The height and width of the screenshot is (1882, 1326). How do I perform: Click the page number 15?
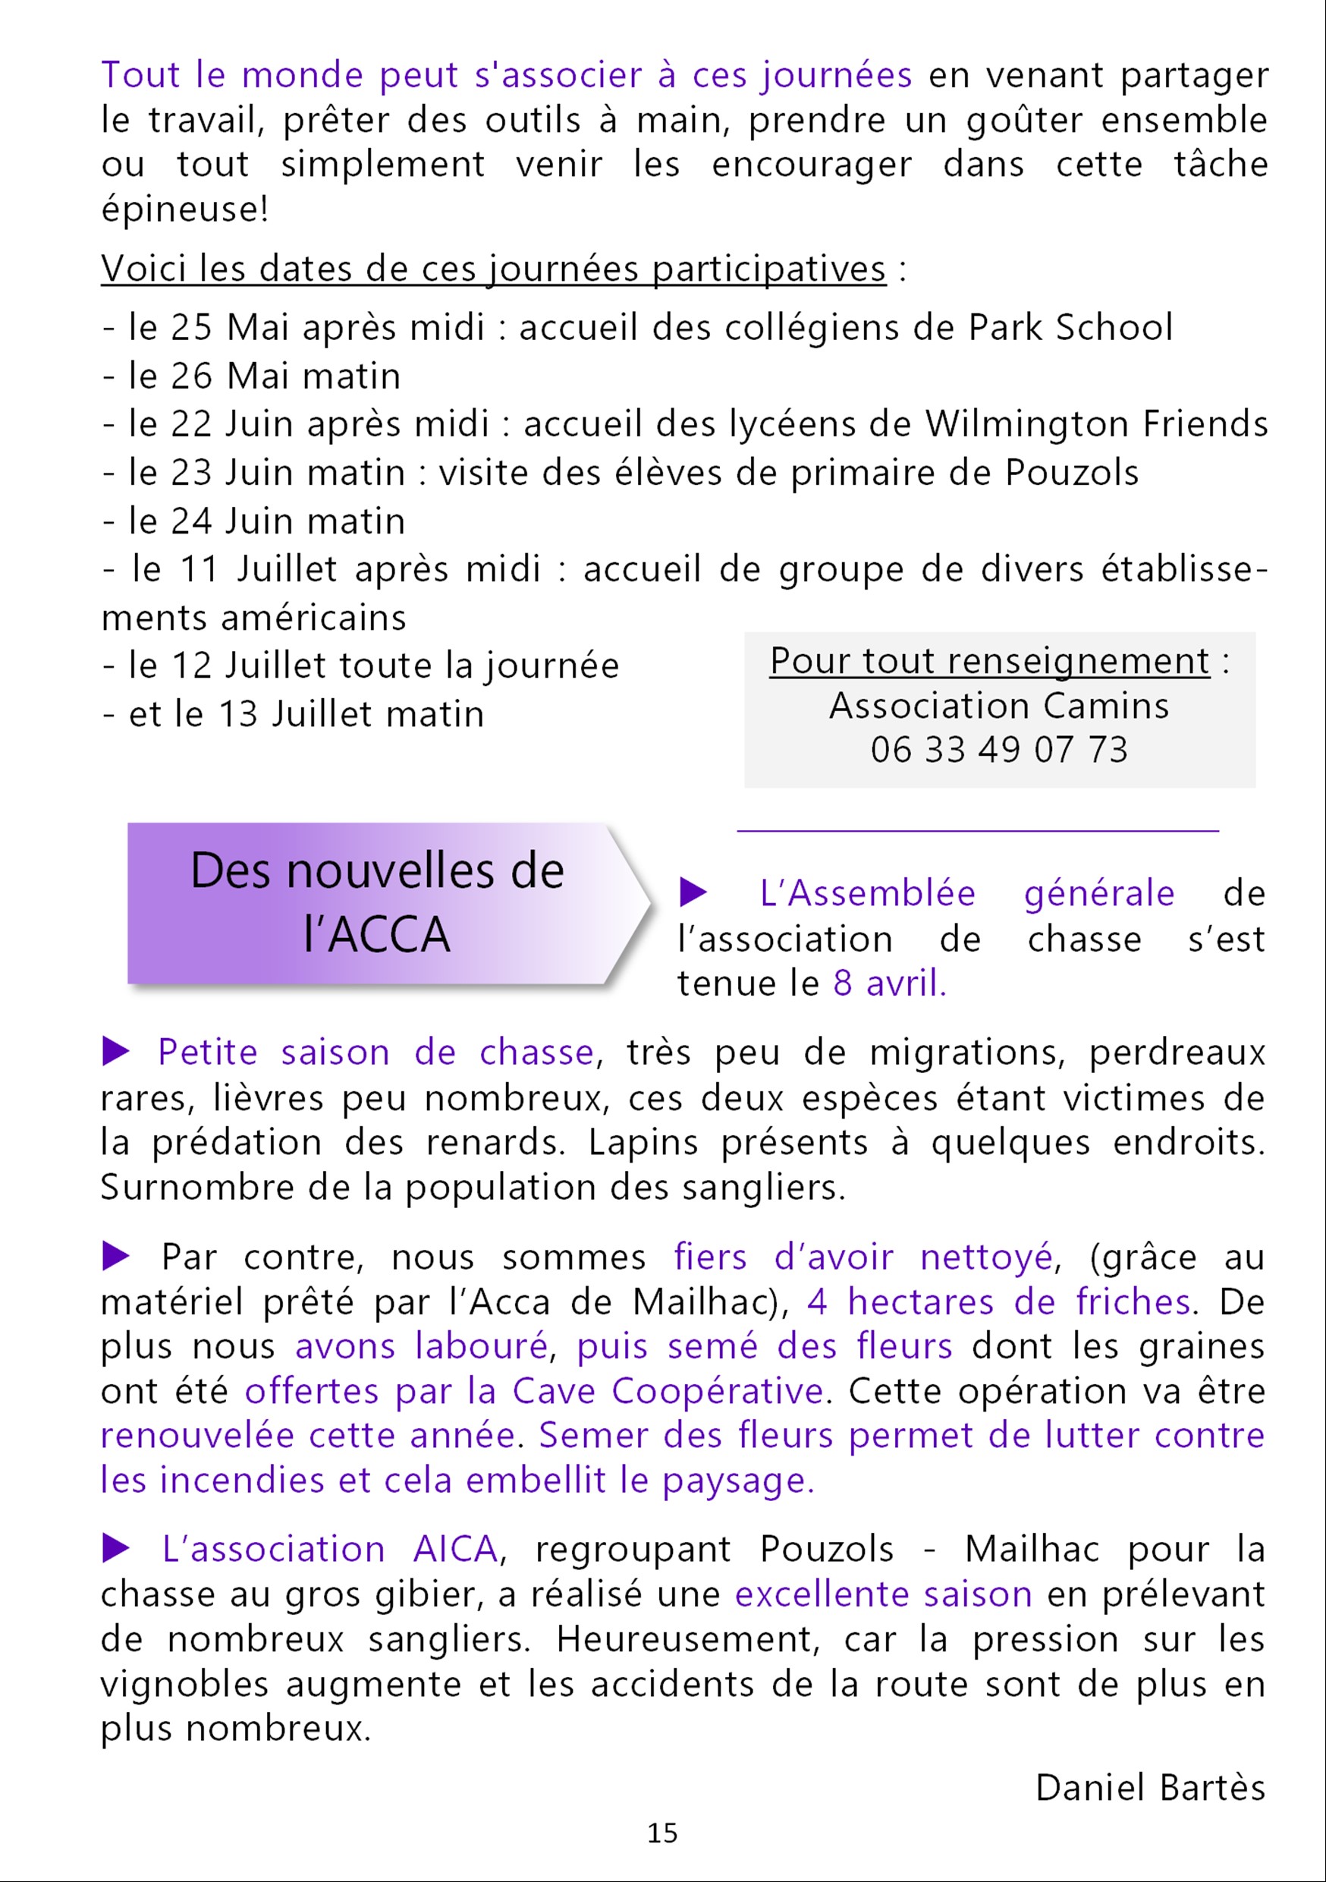(662, 1833)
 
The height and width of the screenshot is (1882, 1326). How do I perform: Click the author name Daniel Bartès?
(1150, 1788)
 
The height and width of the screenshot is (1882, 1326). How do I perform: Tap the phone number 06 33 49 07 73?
(999, 749)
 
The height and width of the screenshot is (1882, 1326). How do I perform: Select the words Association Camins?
(999, 706)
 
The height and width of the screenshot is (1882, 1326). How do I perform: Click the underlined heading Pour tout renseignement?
(989, 662)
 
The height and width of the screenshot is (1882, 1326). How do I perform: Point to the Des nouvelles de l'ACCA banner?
(377, 902)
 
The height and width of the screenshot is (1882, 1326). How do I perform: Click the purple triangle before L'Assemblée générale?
(693, 892)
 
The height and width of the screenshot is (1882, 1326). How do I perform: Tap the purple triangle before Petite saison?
(116, 1051)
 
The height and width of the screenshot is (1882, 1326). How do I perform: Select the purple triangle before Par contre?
(116, 1256)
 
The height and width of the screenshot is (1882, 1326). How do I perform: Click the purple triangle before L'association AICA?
(116, 1548)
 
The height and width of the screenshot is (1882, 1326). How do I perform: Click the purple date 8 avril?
(889, 983)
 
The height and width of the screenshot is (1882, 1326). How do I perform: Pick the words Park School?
(1070, 327)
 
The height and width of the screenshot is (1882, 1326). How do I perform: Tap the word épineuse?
(184, 209)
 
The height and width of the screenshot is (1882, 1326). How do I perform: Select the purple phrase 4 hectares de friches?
(999, 1301)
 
